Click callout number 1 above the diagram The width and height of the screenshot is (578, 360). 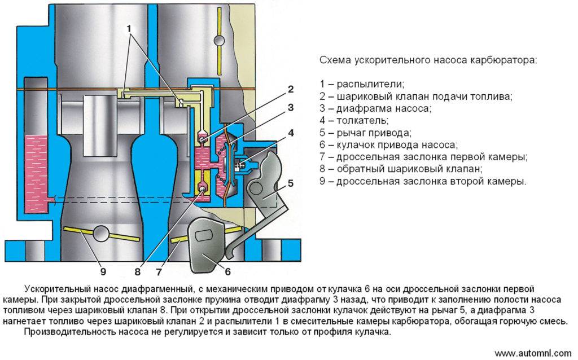(129, 28)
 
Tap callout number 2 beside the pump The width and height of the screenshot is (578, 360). (291, 89)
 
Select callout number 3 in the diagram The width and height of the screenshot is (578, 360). (291, 107)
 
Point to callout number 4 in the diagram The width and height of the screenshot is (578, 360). (291, 133)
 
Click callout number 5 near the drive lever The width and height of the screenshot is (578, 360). (291, 183)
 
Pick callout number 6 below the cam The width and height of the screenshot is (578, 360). (228, 272)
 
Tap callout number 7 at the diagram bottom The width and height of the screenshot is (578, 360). (159, 272)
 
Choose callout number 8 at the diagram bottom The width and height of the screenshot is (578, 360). (138, 272)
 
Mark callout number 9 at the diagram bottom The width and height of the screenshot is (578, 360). (103, 272)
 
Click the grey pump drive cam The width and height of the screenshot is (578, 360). (206, 245)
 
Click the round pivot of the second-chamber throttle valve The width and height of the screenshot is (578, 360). (102, 234)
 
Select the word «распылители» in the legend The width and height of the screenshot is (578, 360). (370, 85)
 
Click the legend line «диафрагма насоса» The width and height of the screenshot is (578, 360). (375, 109)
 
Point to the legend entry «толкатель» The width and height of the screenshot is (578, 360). (354, 121)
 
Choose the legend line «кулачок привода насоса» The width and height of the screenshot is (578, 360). (388, 145)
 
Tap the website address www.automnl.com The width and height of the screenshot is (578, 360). (533, 353)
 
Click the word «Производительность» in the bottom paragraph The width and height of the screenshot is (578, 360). (69, 332)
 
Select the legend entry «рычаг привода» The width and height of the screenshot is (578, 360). (365, 133)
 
